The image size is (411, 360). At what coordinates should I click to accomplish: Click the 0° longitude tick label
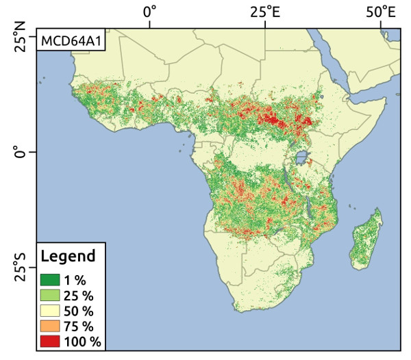pos(149,12)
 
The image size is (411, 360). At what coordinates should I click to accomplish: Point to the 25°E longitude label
pos(265,12)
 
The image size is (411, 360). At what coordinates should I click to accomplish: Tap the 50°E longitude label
pos(381,12)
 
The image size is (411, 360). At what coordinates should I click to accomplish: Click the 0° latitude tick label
pos(21,151)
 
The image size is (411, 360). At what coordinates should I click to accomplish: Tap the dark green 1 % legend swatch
pos(50,279)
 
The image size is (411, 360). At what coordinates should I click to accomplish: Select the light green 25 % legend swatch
pos(50,295)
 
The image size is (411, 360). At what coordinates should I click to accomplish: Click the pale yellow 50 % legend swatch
pos(50,310)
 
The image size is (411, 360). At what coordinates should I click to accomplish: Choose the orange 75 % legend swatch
pos(50,326)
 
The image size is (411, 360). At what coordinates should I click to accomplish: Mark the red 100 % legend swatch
pos(50,341)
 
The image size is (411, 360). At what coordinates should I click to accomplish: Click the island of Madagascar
pos(366,240)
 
